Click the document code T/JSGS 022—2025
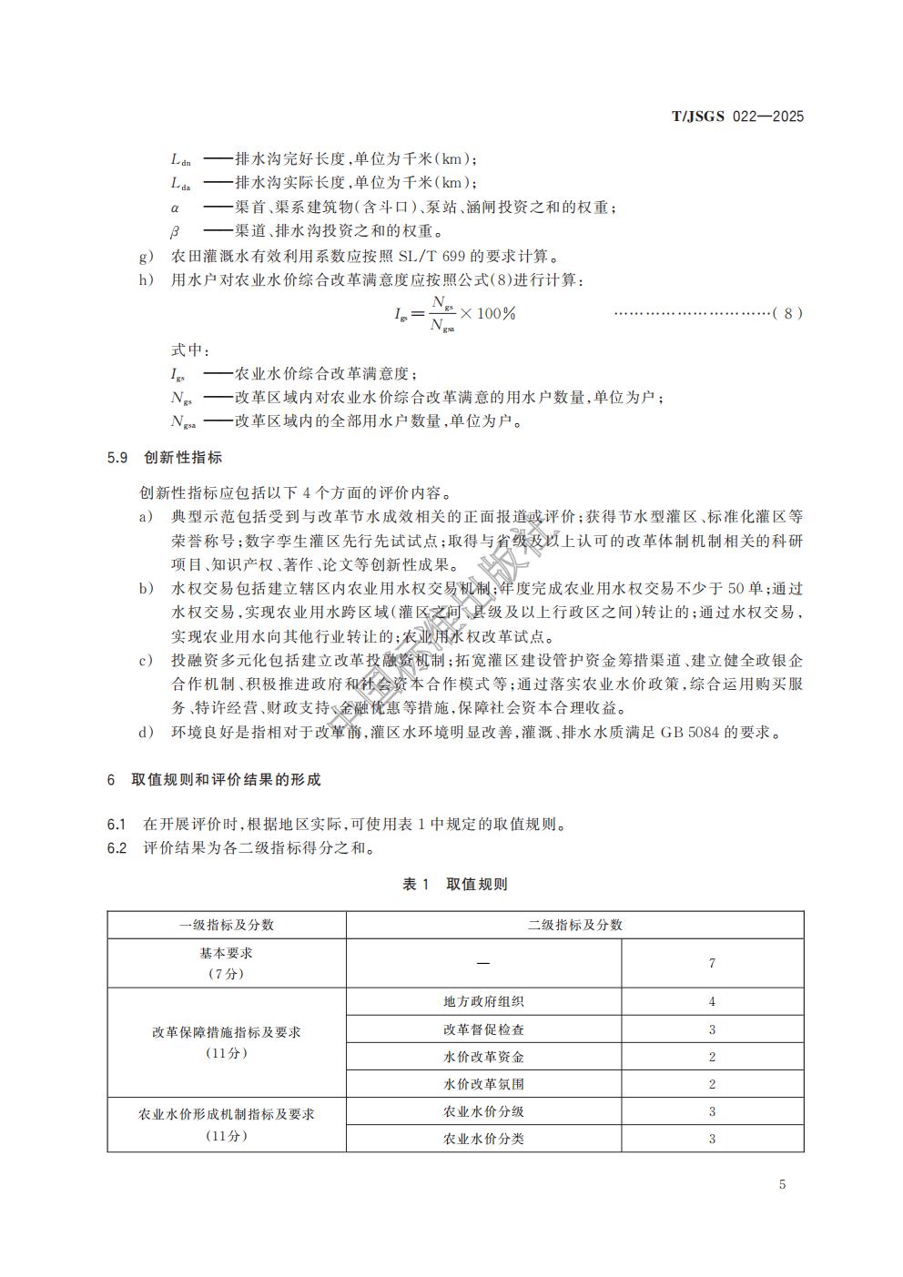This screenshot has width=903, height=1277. tap(737, 117)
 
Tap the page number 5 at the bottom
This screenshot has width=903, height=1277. tap(782, 1184)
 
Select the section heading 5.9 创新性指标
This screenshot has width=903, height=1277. tap(164, 457)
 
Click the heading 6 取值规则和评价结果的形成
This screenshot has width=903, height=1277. tap(214, 780)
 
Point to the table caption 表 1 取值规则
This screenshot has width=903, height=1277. tap(454, 884)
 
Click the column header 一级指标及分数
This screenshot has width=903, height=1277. tap(227, 925)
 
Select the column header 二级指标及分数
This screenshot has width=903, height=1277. tap(574, 925)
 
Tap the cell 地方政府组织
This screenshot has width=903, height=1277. tap(483, 1001)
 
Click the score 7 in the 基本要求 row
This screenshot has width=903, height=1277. tap(712, 963)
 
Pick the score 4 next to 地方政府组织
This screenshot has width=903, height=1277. tap(712, 1001)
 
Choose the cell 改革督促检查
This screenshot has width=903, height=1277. tap(483, 1029)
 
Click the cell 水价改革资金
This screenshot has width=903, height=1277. tap(483, 1057)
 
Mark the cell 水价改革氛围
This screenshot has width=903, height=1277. tap(483, 1084)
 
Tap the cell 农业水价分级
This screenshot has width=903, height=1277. tap(483, 1111)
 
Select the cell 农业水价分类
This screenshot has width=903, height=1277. tap(483, 1139)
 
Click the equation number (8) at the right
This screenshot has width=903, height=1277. tap(787, 313)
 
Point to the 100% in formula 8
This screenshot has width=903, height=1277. tap(496, 313)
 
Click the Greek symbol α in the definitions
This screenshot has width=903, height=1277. tap(175, 208)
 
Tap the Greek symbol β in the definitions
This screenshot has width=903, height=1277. tap(175, 232)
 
